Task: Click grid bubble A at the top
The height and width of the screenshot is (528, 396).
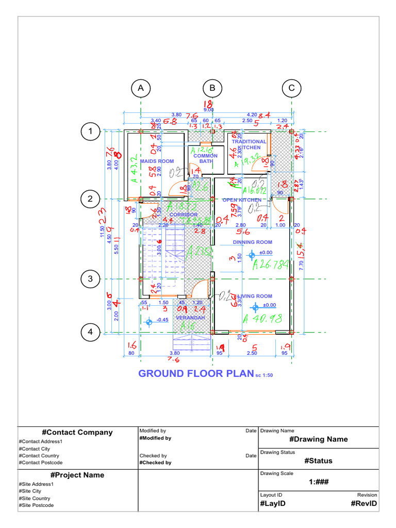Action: tap(140, 89)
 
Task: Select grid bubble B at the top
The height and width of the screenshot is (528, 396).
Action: tap(212, 89)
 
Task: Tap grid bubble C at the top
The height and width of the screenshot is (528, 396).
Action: tap(291, 89)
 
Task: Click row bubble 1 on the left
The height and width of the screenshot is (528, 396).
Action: tap(91, 132)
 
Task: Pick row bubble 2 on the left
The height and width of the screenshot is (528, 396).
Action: tap(91, 199)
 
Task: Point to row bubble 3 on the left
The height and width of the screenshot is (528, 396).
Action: tap(91, 279)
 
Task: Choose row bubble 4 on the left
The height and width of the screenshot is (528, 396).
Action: tap(91, 333)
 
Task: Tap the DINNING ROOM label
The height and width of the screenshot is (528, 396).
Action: tap(252, 242)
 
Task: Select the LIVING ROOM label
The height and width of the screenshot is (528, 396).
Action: tap(255, 296)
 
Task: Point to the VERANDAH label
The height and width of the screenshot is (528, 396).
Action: tap(191, 318)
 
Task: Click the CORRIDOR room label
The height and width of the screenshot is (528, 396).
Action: tap(184, 214)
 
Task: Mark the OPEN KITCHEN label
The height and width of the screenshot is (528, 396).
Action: tap(242, 200)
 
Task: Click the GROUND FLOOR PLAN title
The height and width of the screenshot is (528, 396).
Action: tap(196, 373)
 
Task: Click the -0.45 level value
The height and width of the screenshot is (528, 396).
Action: tap(162, 320)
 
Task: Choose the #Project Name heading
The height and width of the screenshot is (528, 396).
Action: tap(77, 475)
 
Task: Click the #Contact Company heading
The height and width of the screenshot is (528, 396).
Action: tap(77, 433)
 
